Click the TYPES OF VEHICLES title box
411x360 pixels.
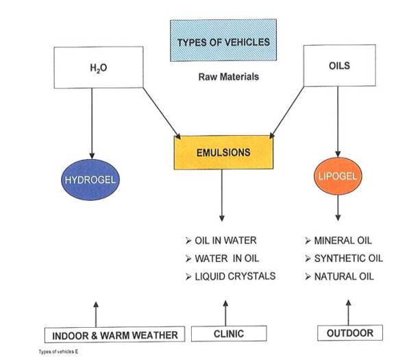[x=223, y=42]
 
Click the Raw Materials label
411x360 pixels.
[x=229, y=77]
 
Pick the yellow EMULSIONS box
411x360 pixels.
[x=223, y=153]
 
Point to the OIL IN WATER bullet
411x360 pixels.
[x=221, y=241]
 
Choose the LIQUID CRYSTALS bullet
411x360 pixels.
[x=230, y=276]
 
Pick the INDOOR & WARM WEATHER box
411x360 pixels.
[x=115, y=335]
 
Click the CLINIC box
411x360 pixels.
[x=228, y=334]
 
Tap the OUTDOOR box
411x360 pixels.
[x=349, y=333]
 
